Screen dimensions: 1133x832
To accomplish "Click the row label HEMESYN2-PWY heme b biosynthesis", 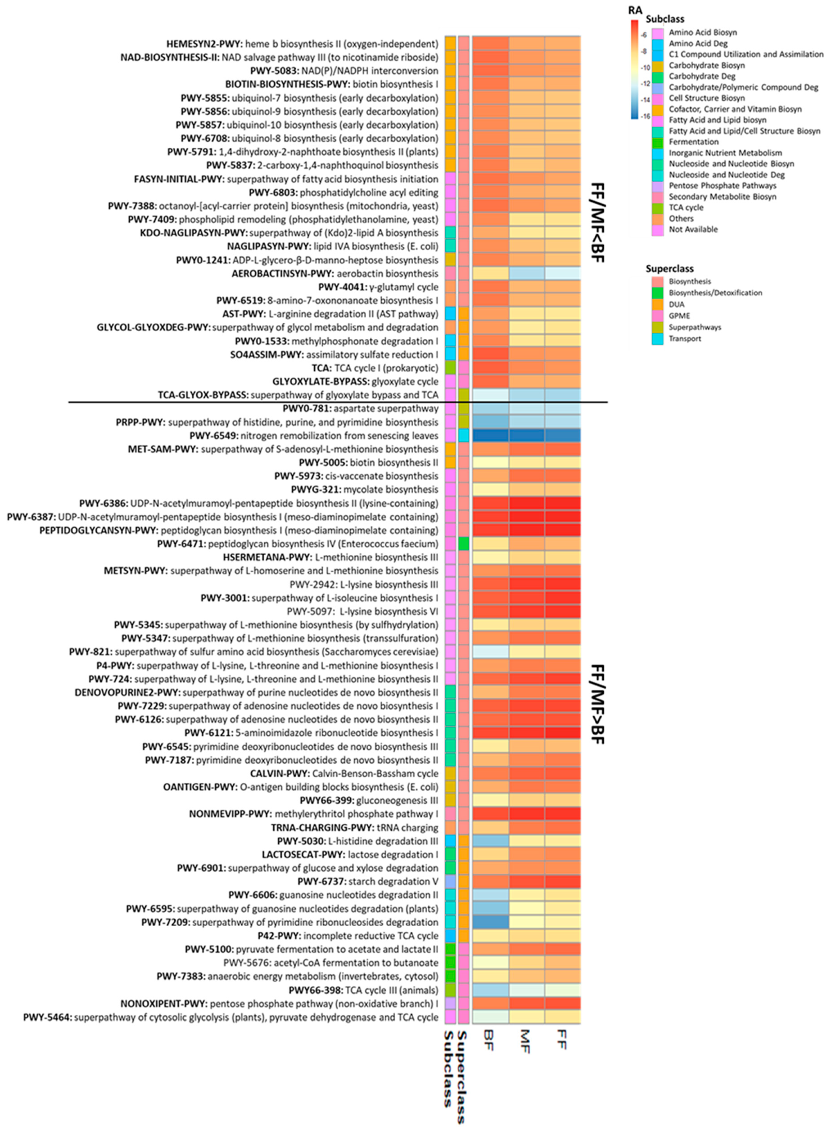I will click(x=302, y=44).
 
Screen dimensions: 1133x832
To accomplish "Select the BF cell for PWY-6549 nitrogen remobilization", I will click(x=490, y=436).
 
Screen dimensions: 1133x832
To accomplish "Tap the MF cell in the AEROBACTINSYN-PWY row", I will click(x=527, y=274).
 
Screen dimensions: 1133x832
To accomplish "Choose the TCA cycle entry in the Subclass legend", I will click(x=685, y=207).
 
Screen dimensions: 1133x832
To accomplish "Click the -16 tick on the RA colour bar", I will click(x=646, y=116).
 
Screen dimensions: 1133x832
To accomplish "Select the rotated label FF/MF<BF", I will click(x=597, y=223).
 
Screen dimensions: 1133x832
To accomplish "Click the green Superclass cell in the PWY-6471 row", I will click(x=464, y=544).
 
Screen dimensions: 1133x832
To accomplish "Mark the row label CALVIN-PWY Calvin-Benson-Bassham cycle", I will click(x=344, y=774).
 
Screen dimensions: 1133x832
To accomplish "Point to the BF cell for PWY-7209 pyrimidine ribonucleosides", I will click(x=490, y=922).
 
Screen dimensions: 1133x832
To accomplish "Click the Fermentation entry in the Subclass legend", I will click(x=693, y=142).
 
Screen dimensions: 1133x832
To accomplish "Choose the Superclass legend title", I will click(x=670, y=269).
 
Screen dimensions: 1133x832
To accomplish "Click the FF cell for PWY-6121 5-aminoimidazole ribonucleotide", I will click(x=563, y=733).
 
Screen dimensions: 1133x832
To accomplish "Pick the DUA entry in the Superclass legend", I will click(x=676, y=304).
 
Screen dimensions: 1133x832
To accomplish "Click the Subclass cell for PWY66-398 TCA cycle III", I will click(x=450, y=990).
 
